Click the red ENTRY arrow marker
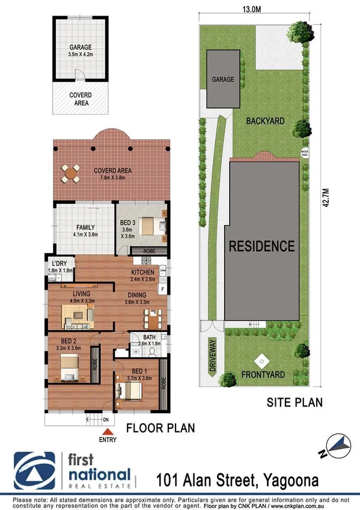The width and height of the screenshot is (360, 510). click(108, 431)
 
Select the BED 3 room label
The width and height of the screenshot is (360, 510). click(126, 222)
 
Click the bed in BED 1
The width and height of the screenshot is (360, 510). click(131, 392)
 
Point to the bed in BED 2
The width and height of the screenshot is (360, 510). click(68, 368)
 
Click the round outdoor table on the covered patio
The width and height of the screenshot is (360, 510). click(71, 174)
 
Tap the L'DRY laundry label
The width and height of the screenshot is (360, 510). click(59, 265)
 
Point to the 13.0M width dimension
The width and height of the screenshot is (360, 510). click(252, 8)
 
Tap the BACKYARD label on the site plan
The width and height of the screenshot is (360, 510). click(265, 121)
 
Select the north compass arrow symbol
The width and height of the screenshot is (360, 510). click(339, 446)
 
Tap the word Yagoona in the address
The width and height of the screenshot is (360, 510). click(305, 479)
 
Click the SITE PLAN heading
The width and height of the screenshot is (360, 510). click(294, 402)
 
